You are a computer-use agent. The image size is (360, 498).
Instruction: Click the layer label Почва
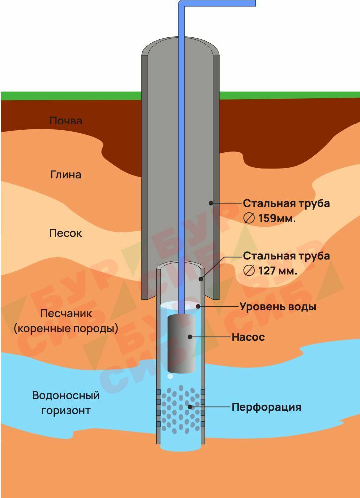click(x=66, y=121)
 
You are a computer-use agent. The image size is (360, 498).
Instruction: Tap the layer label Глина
click(x=66, y=175)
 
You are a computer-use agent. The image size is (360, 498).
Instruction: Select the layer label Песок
click(x=66, y=233)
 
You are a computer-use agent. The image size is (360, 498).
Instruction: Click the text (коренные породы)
click(x=66, y=329)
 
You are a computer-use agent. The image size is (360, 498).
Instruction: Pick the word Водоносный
click(x=66, y=396)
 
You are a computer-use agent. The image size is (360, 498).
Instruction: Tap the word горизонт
click(x=62, y=411)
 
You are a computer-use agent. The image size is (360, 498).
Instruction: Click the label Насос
click(x=248, y=337)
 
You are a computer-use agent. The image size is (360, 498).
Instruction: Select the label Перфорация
click(x=266, y=407)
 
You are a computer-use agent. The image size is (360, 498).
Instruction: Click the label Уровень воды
click(x=278, y=307)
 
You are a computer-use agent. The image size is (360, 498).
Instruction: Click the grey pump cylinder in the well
click(x=181, y=344)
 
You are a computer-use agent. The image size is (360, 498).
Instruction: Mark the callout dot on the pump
click(x=190, y=337)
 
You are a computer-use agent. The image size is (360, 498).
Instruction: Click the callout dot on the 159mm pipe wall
click(x=211, y=203)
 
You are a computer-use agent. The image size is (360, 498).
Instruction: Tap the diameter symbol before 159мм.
click(x=250, y=218)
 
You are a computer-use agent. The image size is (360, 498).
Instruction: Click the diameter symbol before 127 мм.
click(x=250, y=271)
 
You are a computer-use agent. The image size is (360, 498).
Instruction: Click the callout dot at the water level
click(x=198, y=306)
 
